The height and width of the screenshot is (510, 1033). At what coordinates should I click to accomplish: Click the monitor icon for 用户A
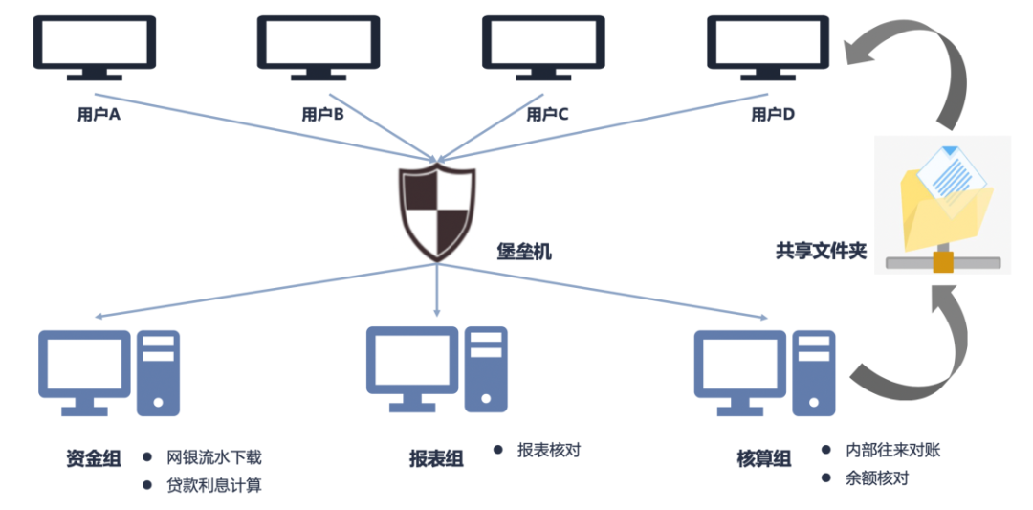pyautogui.click(x=94, y=46)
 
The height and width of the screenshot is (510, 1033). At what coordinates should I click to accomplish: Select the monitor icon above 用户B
pyautogui.click(x=319, y=46)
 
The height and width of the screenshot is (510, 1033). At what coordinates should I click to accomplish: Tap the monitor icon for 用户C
pyautogui.click(x=543, y=46)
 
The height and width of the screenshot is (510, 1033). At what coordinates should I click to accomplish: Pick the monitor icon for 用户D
pyautogui.click(x=767, y=46)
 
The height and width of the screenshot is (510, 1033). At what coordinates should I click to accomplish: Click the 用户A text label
pyautogui.click(x=98, y=115)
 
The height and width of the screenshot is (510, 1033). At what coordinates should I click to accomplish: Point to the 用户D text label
pyautogui.click(x=773, y=115)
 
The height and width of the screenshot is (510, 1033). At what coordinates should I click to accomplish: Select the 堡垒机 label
pyautogui.click(x=523, y=253)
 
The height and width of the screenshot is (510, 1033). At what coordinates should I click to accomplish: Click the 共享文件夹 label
pyautogui.click(x=820, y=252)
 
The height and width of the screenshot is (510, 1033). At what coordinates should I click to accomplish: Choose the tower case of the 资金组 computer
pyautogui.click(x=159, y=372)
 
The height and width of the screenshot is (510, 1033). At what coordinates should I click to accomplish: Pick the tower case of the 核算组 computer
pyautogui.click(x=814, y=372)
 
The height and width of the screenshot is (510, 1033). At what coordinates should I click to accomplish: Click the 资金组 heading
pyautogui.click(x=94, y=459)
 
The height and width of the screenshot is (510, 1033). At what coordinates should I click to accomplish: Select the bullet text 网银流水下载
pyautogui.click(x=213, y=457)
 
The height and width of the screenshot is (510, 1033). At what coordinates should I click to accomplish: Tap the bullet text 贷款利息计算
pyautogui.click(x=213, y=485)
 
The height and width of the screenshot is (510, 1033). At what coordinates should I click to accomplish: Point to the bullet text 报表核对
pyautogui.click(x=548, y=450)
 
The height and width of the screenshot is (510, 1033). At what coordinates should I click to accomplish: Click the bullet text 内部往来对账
pyautogui.click(x=892, y=450)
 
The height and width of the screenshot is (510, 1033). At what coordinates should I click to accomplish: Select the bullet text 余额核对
pyautogui.click(x=876, y=478)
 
